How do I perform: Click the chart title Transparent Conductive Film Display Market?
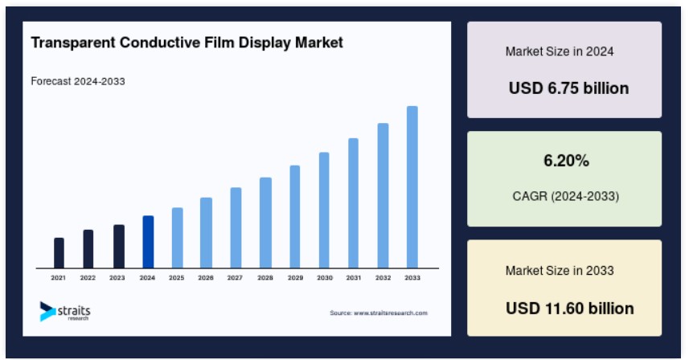coord(187,43)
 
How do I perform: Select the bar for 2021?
coord(59,252)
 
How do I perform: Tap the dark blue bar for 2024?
coord(148,241)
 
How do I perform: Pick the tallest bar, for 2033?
coord(412,186)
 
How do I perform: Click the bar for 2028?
coord(265,222)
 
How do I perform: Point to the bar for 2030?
coord(324,209)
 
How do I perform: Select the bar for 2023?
coord(118,246)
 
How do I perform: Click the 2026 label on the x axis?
coord(206,278)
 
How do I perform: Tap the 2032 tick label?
coord(383,278)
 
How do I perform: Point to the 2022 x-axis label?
coord(88,278)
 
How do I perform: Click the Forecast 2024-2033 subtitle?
coord(78,81)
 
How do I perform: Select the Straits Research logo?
coord(65,311)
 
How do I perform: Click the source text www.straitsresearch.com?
coord(378,313)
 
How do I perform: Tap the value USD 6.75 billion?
coord(568,88)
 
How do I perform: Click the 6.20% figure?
coord(566,161)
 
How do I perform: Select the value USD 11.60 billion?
coord(569,308)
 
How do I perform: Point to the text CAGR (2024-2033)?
coord(565,195)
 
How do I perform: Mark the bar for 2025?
coord(177,237)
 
